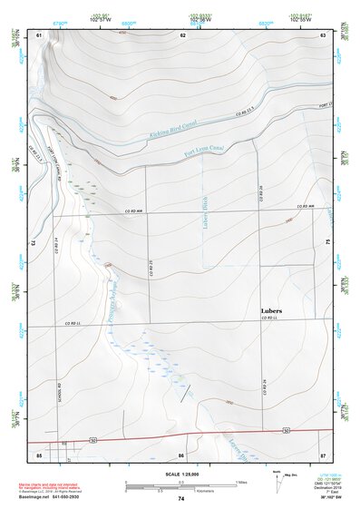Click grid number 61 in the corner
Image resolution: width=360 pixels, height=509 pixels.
39,34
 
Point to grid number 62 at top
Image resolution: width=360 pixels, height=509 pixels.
182,34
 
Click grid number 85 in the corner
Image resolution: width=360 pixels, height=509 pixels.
39,454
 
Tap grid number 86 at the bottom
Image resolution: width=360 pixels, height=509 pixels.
181,454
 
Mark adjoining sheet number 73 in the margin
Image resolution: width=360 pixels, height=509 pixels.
34,244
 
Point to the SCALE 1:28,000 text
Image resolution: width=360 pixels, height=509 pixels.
179,473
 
